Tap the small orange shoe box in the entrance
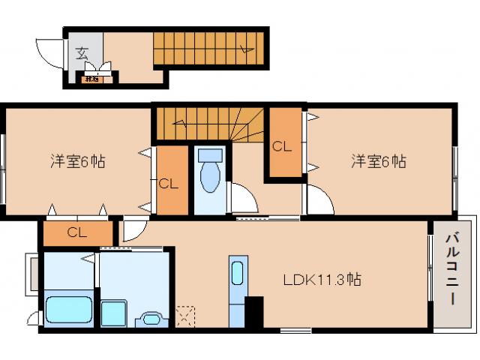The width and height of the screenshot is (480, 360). coord(93,77)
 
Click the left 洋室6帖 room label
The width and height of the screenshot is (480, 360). coord(77,161)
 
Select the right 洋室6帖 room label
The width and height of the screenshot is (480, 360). coord(379,161)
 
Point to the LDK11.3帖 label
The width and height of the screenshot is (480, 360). coord(322,280)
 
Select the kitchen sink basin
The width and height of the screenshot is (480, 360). coord(238,273)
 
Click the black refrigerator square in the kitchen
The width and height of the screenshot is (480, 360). coord(254,311)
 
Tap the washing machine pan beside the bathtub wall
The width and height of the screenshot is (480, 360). coord(115,311)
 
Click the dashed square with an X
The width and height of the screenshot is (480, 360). coord(184,316)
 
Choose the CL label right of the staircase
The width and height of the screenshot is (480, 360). coord(282,146)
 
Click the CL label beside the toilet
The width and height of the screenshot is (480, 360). coord(169,182)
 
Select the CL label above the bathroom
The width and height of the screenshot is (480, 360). coord(77,232)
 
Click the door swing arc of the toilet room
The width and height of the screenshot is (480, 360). coord(240,198)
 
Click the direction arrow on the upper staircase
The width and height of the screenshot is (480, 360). coord(244,49)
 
